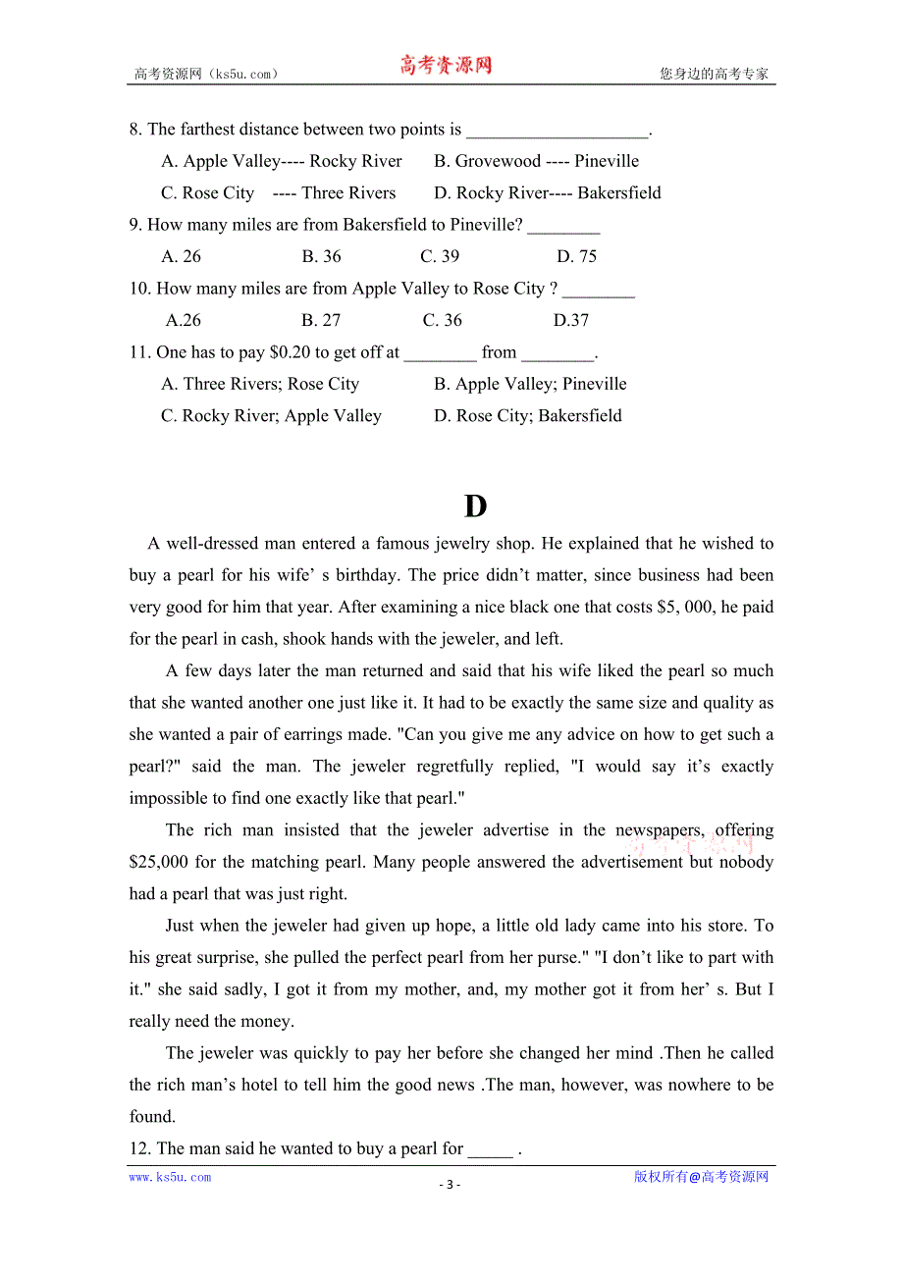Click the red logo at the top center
point(446,66)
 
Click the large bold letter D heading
point(475,506)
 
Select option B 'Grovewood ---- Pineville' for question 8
point(536,161)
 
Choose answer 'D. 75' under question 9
point(576,256)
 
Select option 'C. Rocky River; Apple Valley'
point(271,416)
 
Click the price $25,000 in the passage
point(159,863)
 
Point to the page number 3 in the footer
point(451,1184)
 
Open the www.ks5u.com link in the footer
point(170,1177)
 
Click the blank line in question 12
point(490,1149)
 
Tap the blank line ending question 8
point(557,131)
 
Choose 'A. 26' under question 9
point(181,256)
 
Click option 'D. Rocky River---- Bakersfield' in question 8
point(547,193)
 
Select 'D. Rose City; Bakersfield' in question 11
point(527,416)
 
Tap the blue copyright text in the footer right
point(701,1177)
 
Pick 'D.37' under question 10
point(571,320)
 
